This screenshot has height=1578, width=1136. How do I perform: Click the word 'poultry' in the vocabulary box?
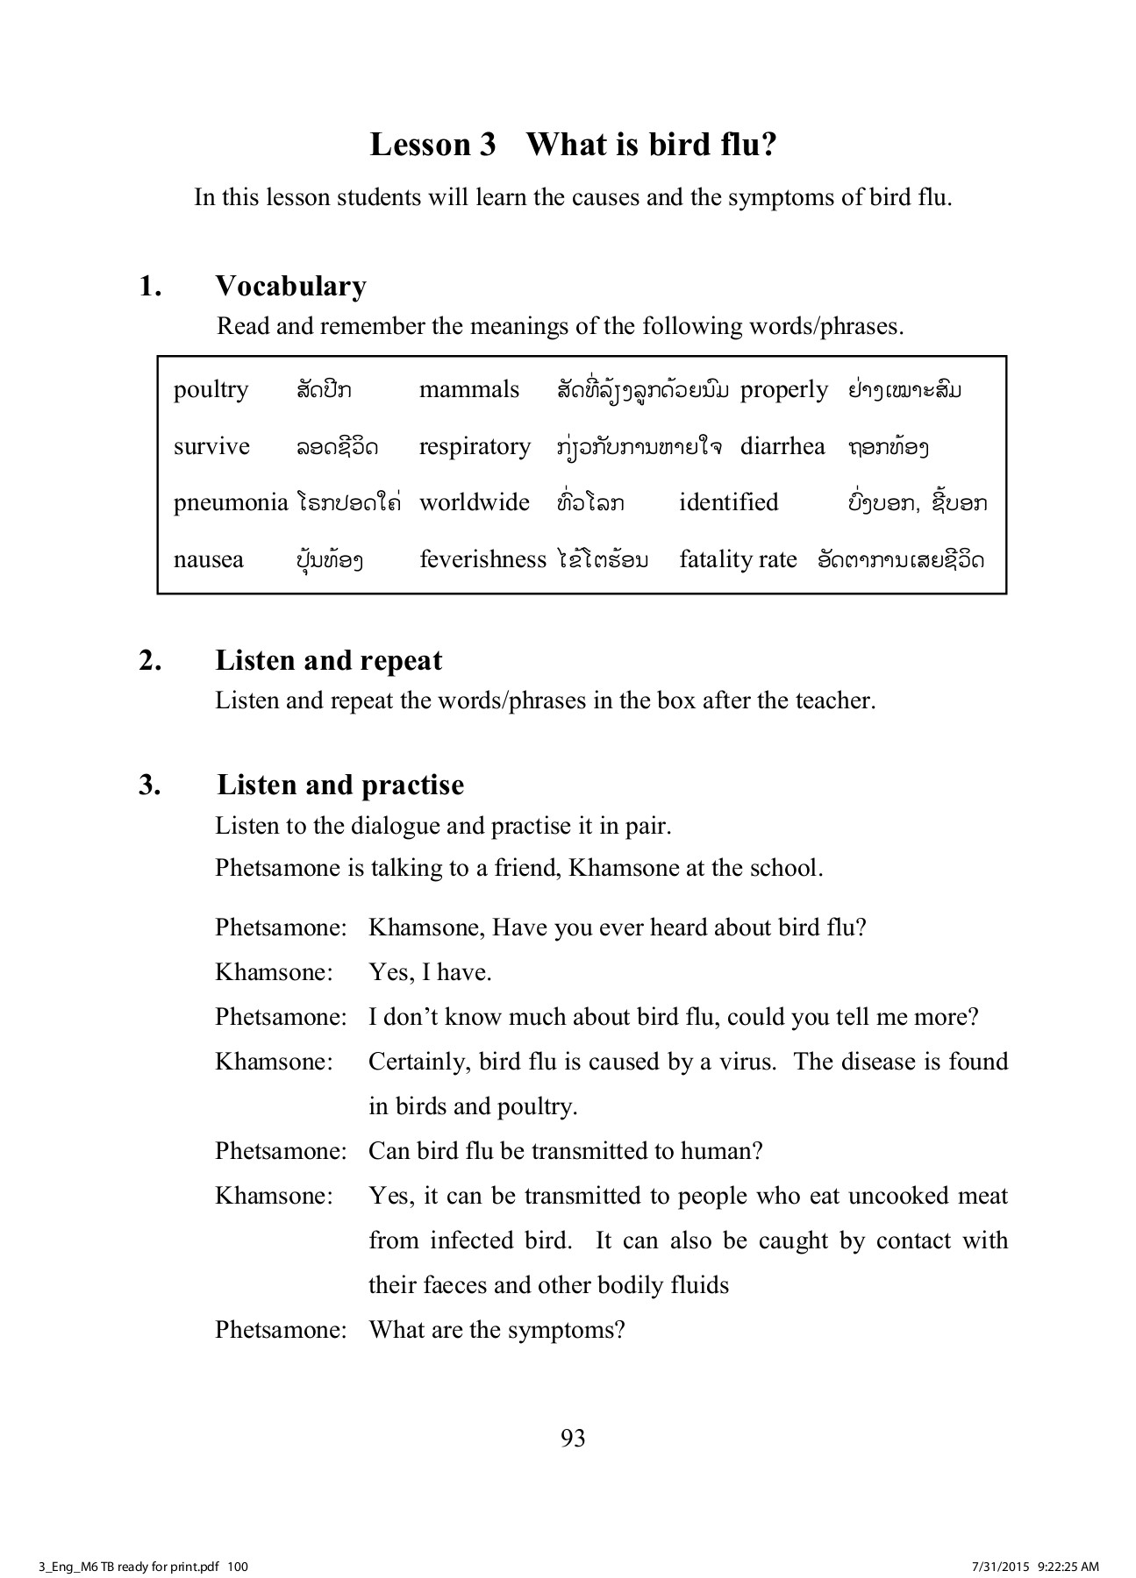pyautogui.click(x=211, y=390)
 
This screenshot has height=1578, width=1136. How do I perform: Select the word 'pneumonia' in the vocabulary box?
pyautogui.click(x=230, y=502)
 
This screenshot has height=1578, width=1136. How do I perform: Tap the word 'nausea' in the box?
pyautogui.click(x=208, y=559)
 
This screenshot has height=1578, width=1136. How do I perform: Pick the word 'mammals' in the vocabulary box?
pyautogui.click(x=468, y=389)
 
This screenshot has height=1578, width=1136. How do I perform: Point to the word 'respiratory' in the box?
pyautogui.click(x=475, y=447)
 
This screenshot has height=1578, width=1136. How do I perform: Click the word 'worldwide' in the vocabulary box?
pyautogui.click(x=475, y=502)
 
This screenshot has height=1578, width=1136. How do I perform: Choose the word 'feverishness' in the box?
pyautogui.click(x=482, y=559)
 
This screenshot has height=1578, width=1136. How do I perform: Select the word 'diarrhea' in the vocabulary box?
pyautogui.click(x=782, y=446)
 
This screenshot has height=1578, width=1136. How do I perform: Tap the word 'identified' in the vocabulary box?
pyautogui.click(x=728, y=502)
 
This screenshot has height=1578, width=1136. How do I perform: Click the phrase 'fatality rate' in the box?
pyautogui.click(x=738, y=559)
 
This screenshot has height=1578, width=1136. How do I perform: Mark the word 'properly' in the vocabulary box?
pyautogui.click(x=783, y=390)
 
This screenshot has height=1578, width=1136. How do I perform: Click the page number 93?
pyautogui.click(x=572, y=1438)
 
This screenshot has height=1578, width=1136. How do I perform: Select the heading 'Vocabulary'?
pyautogui.click(x=290, y=287)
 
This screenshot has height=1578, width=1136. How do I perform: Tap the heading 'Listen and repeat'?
pyautogui.click(x=329, y=660)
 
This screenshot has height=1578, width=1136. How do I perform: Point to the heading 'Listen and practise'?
pyautogui.click(x=340, y=785)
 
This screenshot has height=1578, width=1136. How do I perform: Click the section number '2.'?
pyautogui.click(x=150, y=660)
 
